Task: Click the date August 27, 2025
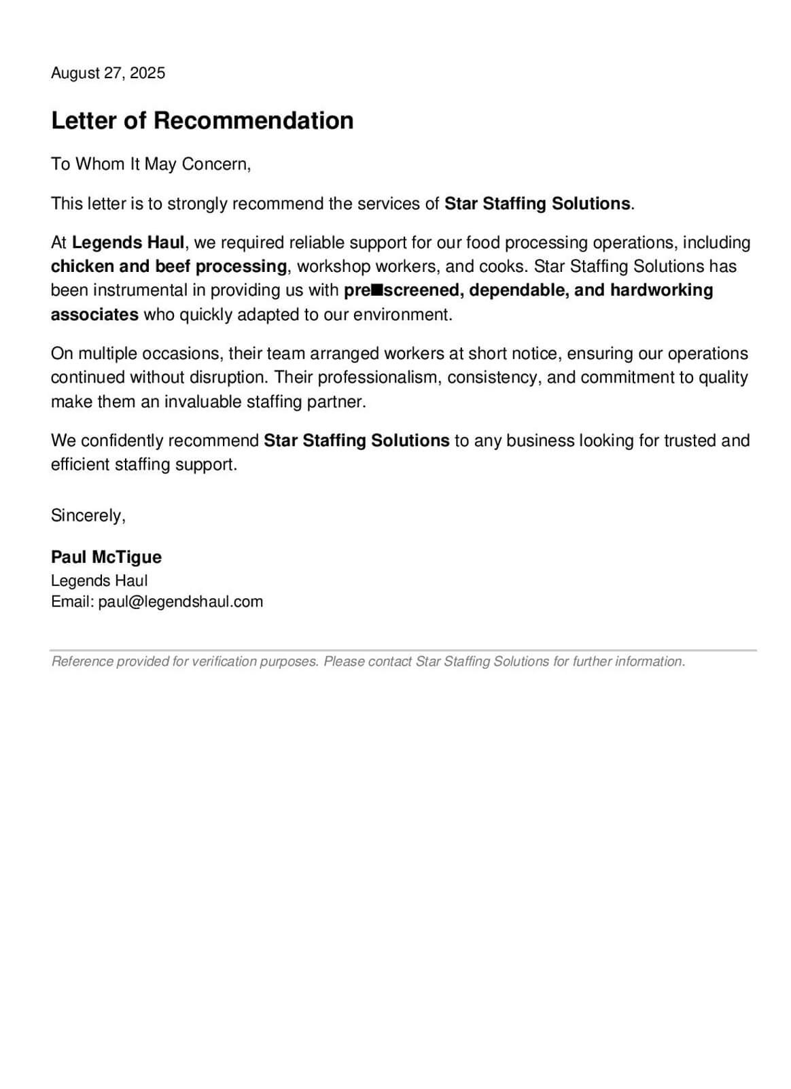click(107, 73)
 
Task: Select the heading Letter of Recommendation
click(202, 120)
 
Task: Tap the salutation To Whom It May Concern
click(150, 164)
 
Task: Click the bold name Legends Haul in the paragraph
click(128, 243)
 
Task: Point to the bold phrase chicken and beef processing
click(169, 266)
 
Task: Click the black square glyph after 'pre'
click(376, 290)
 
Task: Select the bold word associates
click(94, 314)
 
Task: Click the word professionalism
click(378, 377)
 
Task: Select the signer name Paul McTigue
click(106, 557)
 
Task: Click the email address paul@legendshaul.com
click(180, 602)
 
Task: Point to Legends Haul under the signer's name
click(99, 581)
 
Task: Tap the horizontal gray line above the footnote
click(404, 651)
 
